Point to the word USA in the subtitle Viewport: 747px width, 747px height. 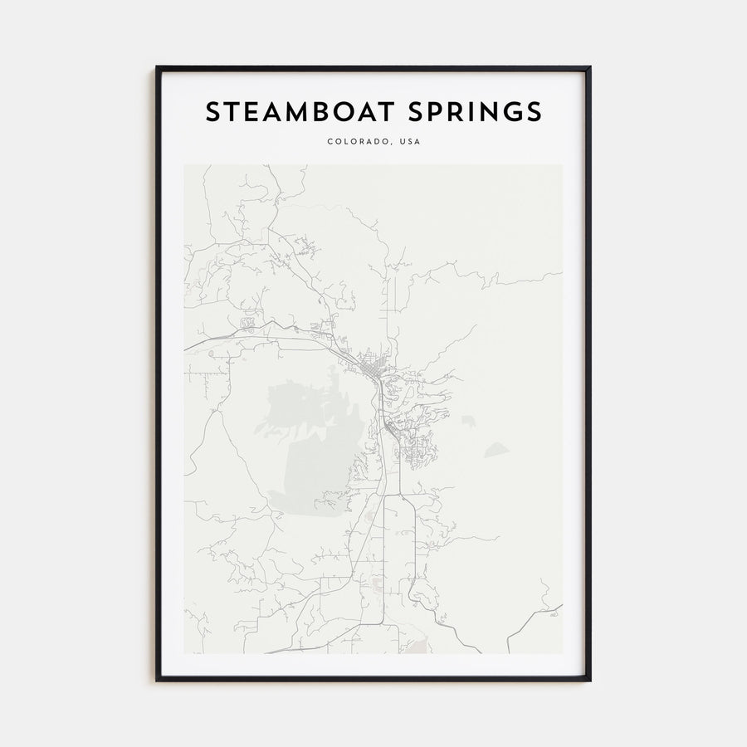tap(410, 142)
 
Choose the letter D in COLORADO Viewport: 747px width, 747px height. tap(378, 142)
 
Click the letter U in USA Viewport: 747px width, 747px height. tap(402, 142)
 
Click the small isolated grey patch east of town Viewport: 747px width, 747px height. tap(496, 450)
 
